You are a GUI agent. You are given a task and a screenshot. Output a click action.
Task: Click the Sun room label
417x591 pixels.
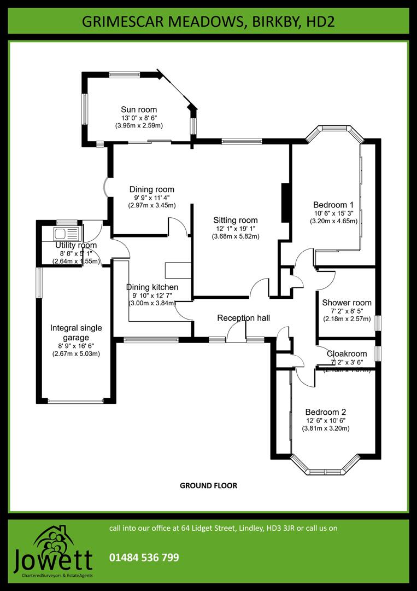coord(139,110)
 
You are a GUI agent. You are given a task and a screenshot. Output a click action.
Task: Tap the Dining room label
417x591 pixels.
coord(152,189)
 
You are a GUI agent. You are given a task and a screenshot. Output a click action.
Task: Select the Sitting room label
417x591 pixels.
coord(236,221)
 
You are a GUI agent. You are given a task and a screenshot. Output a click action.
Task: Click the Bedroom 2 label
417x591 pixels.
coord(326,412)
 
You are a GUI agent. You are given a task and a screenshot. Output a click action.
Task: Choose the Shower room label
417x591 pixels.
coord(346,303)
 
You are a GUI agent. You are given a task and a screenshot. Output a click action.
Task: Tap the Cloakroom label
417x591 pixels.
coord(346,354)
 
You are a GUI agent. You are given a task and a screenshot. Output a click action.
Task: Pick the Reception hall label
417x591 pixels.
coord(243,318)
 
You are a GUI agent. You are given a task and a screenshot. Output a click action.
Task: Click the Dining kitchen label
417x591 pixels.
coord(152,287)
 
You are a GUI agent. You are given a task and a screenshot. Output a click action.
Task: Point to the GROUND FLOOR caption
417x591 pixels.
coord(208,485)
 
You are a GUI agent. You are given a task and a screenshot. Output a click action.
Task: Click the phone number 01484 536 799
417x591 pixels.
coord(144,558)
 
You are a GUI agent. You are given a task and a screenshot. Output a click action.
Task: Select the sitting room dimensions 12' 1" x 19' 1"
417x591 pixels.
coord(236,229)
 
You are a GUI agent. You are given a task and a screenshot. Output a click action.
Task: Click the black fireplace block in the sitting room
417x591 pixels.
coord(284,203)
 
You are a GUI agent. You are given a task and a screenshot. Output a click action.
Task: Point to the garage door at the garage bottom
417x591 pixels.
coord(75,402)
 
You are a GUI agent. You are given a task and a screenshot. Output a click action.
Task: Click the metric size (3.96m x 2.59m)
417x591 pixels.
coord(139,125)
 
